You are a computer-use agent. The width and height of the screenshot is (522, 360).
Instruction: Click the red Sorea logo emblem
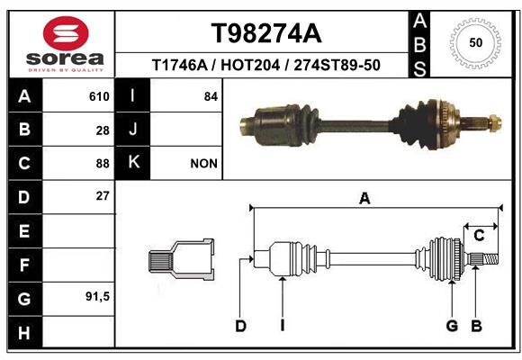pyautogui.click(x=66, y=33)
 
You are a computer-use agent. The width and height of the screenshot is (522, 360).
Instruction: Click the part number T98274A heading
pyautogui.click(x=266, y=33)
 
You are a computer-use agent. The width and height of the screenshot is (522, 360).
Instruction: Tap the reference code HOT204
pyautogui.click(x=250, y=65)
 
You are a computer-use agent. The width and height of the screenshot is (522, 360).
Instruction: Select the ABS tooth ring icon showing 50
pyautogui.click(x=475, y=43)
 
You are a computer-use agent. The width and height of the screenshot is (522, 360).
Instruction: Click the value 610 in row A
pyautogui.click(x=99, y=96)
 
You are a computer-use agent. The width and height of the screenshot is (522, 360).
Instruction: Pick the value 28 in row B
pyautogui.click(x=103, y=130)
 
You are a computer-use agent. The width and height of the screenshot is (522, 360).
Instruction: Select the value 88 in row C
pyautogui.click(x=103, y=164)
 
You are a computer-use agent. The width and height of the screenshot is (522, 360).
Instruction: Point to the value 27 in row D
pyautogui.click(x=103, y=196)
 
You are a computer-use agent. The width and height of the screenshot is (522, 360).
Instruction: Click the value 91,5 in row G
pyautogui.click(x=97, y=296)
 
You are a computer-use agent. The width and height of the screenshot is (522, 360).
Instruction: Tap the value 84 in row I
pyautogui.click(x=211, y=96)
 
